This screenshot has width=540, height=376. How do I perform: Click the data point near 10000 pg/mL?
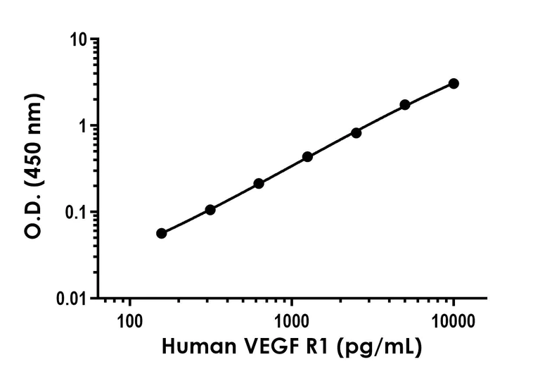(454, 84)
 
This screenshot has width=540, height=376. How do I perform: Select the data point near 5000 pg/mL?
(405, 105)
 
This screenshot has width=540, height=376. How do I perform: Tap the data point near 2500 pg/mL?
(356, 132)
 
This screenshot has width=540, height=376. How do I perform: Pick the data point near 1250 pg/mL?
(307, 156)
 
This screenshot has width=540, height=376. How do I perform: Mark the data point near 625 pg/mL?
(259, 183)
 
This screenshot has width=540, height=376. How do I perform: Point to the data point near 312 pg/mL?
(210, 210)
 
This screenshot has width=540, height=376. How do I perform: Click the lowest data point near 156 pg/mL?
(162, 233)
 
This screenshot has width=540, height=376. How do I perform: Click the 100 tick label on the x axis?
(129, 322)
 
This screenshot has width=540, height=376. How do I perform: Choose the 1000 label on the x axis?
(291, 322)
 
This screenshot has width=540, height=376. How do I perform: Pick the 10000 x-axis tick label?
(454, 322)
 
